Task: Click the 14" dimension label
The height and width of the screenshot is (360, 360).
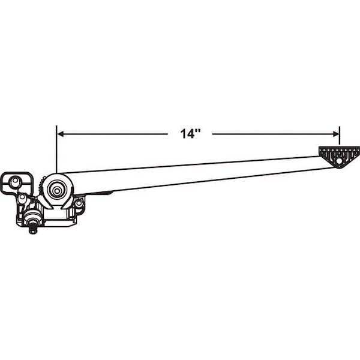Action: coord(190,134)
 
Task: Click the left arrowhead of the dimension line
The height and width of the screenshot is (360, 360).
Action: coord(60,134)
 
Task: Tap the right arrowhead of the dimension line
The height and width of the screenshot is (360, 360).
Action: coord(336,134)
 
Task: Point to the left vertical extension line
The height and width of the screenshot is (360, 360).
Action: coord(56,149)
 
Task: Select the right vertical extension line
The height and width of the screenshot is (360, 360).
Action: coord(340,136)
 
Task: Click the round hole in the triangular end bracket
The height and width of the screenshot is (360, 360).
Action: coord(338,161)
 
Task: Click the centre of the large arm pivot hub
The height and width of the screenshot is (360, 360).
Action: coord(57,190)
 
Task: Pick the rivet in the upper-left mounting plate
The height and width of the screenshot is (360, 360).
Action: coord(14,181)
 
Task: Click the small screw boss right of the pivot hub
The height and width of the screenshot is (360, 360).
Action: coord(79,203)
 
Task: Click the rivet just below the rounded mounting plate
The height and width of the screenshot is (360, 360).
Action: coord(22,197)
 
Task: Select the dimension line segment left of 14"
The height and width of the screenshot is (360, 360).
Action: coord(113,134)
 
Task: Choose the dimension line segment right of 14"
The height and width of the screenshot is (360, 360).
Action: coord(275,134)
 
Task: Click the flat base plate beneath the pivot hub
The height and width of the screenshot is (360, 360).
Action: coord(58,223)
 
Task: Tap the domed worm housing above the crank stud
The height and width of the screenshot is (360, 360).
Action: coord(32,216)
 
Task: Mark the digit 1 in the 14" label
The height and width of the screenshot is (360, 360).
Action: coord(184,134)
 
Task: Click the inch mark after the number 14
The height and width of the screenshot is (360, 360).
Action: coord(199,131)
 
